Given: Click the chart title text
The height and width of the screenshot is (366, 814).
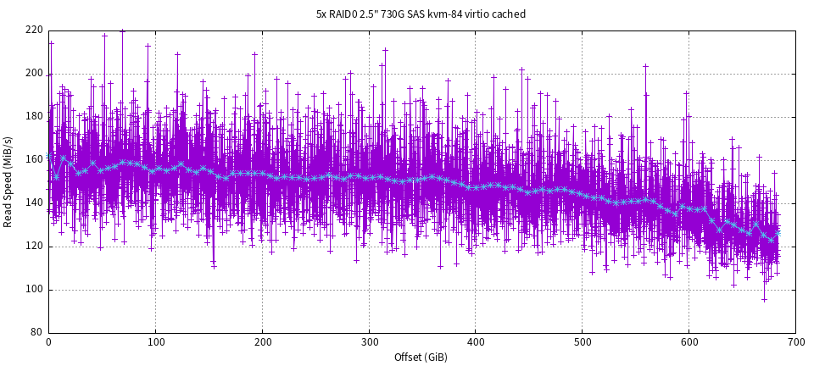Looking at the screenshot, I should click(421, 14).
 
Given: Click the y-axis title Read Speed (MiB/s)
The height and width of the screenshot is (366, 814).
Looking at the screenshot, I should click(8, 181).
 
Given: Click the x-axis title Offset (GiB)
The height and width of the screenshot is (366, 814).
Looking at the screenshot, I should click(421, 357).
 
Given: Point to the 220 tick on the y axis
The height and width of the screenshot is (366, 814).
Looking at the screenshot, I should click(35, 30).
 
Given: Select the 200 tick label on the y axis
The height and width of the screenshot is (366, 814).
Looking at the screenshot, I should click(35, 74).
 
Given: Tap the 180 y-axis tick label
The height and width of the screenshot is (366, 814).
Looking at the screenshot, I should click(35, 117).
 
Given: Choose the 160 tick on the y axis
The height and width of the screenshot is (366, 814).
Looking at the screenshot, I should click(35, 160).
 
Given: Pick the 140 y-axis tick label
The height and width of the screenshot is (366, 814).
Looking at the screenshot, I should click(35, 203).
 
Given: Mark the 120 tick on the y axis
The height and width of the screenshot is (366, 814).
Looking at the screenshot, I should click(35, 247).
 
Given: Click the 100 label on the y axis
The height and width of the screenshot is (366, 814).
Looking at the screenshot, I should click(35, 290).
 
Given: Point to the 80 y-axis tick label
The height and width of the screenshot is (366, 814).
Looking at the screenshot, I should click(37, 333).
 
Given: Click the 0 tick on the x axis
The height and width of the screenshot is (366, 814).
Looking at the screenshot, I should click(48, 342).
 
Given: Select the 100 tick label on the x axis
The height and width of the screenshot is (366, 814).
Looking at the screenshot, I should click(155, 342).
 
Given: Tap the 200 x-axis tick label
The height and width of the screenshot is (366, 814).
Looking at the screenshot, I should click(262, 342).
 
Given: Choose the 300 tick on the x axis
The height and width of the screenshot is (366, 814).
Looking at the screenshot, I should click(369, 342).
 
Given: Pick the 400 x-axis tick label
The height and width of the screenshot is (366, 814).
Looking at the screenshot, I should click(476, 342).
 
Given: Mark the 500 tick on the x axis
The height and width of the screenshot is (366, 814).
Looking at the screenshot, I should click(583, 342).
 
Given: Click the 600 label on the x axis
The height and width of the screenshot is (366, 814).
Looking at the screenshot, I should click(689, 342).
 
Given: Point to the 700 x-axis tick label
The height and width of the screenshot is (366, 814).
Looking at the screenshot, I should click(795, 342).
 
